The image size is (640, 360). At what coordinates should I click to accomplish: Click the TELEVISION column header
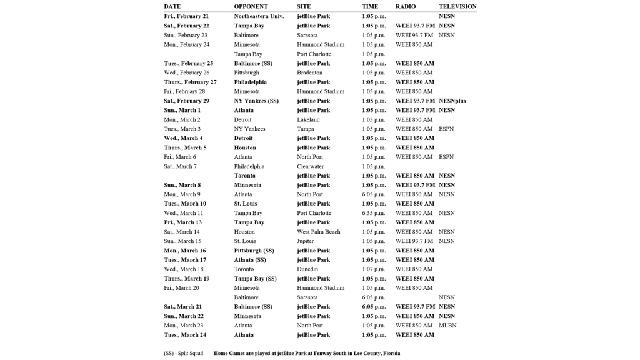pos(457,6)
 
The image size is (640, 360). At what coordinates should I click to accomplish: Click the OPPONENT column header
pos(251,6)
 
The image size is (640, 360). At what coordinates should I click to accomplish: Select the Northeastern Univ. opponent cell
pos(259,16)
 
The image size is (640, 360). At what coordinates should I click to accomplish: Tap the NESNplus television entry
pos(452,101)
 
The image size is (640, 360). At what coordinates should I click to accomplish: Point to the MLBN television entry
pos(447,326)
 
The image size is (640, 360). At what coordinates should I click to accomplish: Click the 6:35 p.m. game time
pos(374,213)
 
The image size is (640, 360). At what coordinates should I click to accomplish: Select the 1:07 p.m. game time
pos(374,269)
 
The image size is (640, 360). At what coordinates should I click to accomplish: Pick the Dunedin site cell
pos(308,269)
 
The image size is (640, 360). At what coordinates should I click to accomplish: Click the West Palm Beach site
pos(319,232)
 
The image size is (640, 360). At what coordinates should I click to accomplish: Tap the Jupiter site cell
pos(306,241)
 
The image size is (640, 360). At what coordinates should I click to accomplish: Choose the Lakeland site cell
pos(308,119)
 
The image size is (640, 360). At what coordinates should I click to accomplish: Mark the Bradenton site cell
pos(311,72)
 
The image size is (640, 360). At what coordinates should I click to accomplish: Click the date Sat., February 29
pos(186,101)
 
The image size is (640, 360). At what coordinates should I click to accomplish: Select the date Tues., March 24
pos(185,335)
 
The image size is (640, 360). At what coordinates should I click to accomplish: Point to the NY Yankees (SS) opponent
pos(256,101)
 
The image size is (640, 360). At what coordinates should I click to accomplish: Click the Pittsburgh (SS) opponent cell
pos(254,251)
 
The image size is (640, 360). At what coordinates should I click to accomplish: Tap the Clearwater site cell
pos(311,166)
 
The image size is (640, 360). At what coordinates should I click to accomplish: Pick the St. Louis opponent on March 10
pos(246,204)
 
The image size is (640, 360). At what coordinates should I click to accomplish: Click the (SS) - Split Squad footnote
pos(183,353)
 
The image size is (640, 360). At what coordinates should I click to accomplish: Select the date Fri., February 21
pos(186,16)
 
